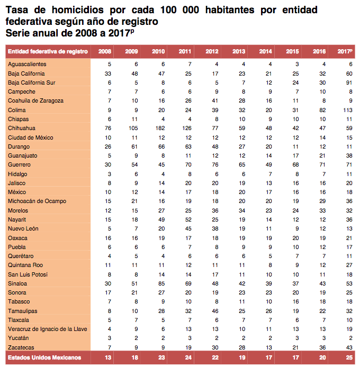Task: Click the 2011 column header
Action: [x=185, y=51]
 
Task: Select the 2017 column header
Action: [x=345, y=51]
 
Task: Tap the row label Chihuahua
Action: [x=22, y=128]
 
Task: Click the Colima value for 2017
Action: [x=347, y=110]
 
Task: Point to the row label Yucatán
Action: [x=19, y=337]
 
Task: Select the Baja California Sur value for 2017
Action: [x=348, y=82]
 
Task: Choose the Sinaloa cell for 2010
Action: [x=161, y=283]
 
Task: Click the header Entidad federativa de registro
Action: [x=48, y=51]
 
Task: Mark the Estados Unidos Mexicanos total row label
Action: [x=45, y=358]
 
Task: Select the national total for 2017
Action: [x=348, y=358]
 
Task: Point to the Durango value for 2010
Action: [x=161, y=146]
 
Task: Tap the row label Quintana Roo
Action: [x=25, y=265]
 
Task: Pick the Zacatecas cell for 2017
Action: [x=348, y=346]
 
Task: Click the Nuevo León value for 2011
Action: [x=187, y=228]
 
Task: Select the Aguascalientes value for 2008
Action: [x=109, y=65]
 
